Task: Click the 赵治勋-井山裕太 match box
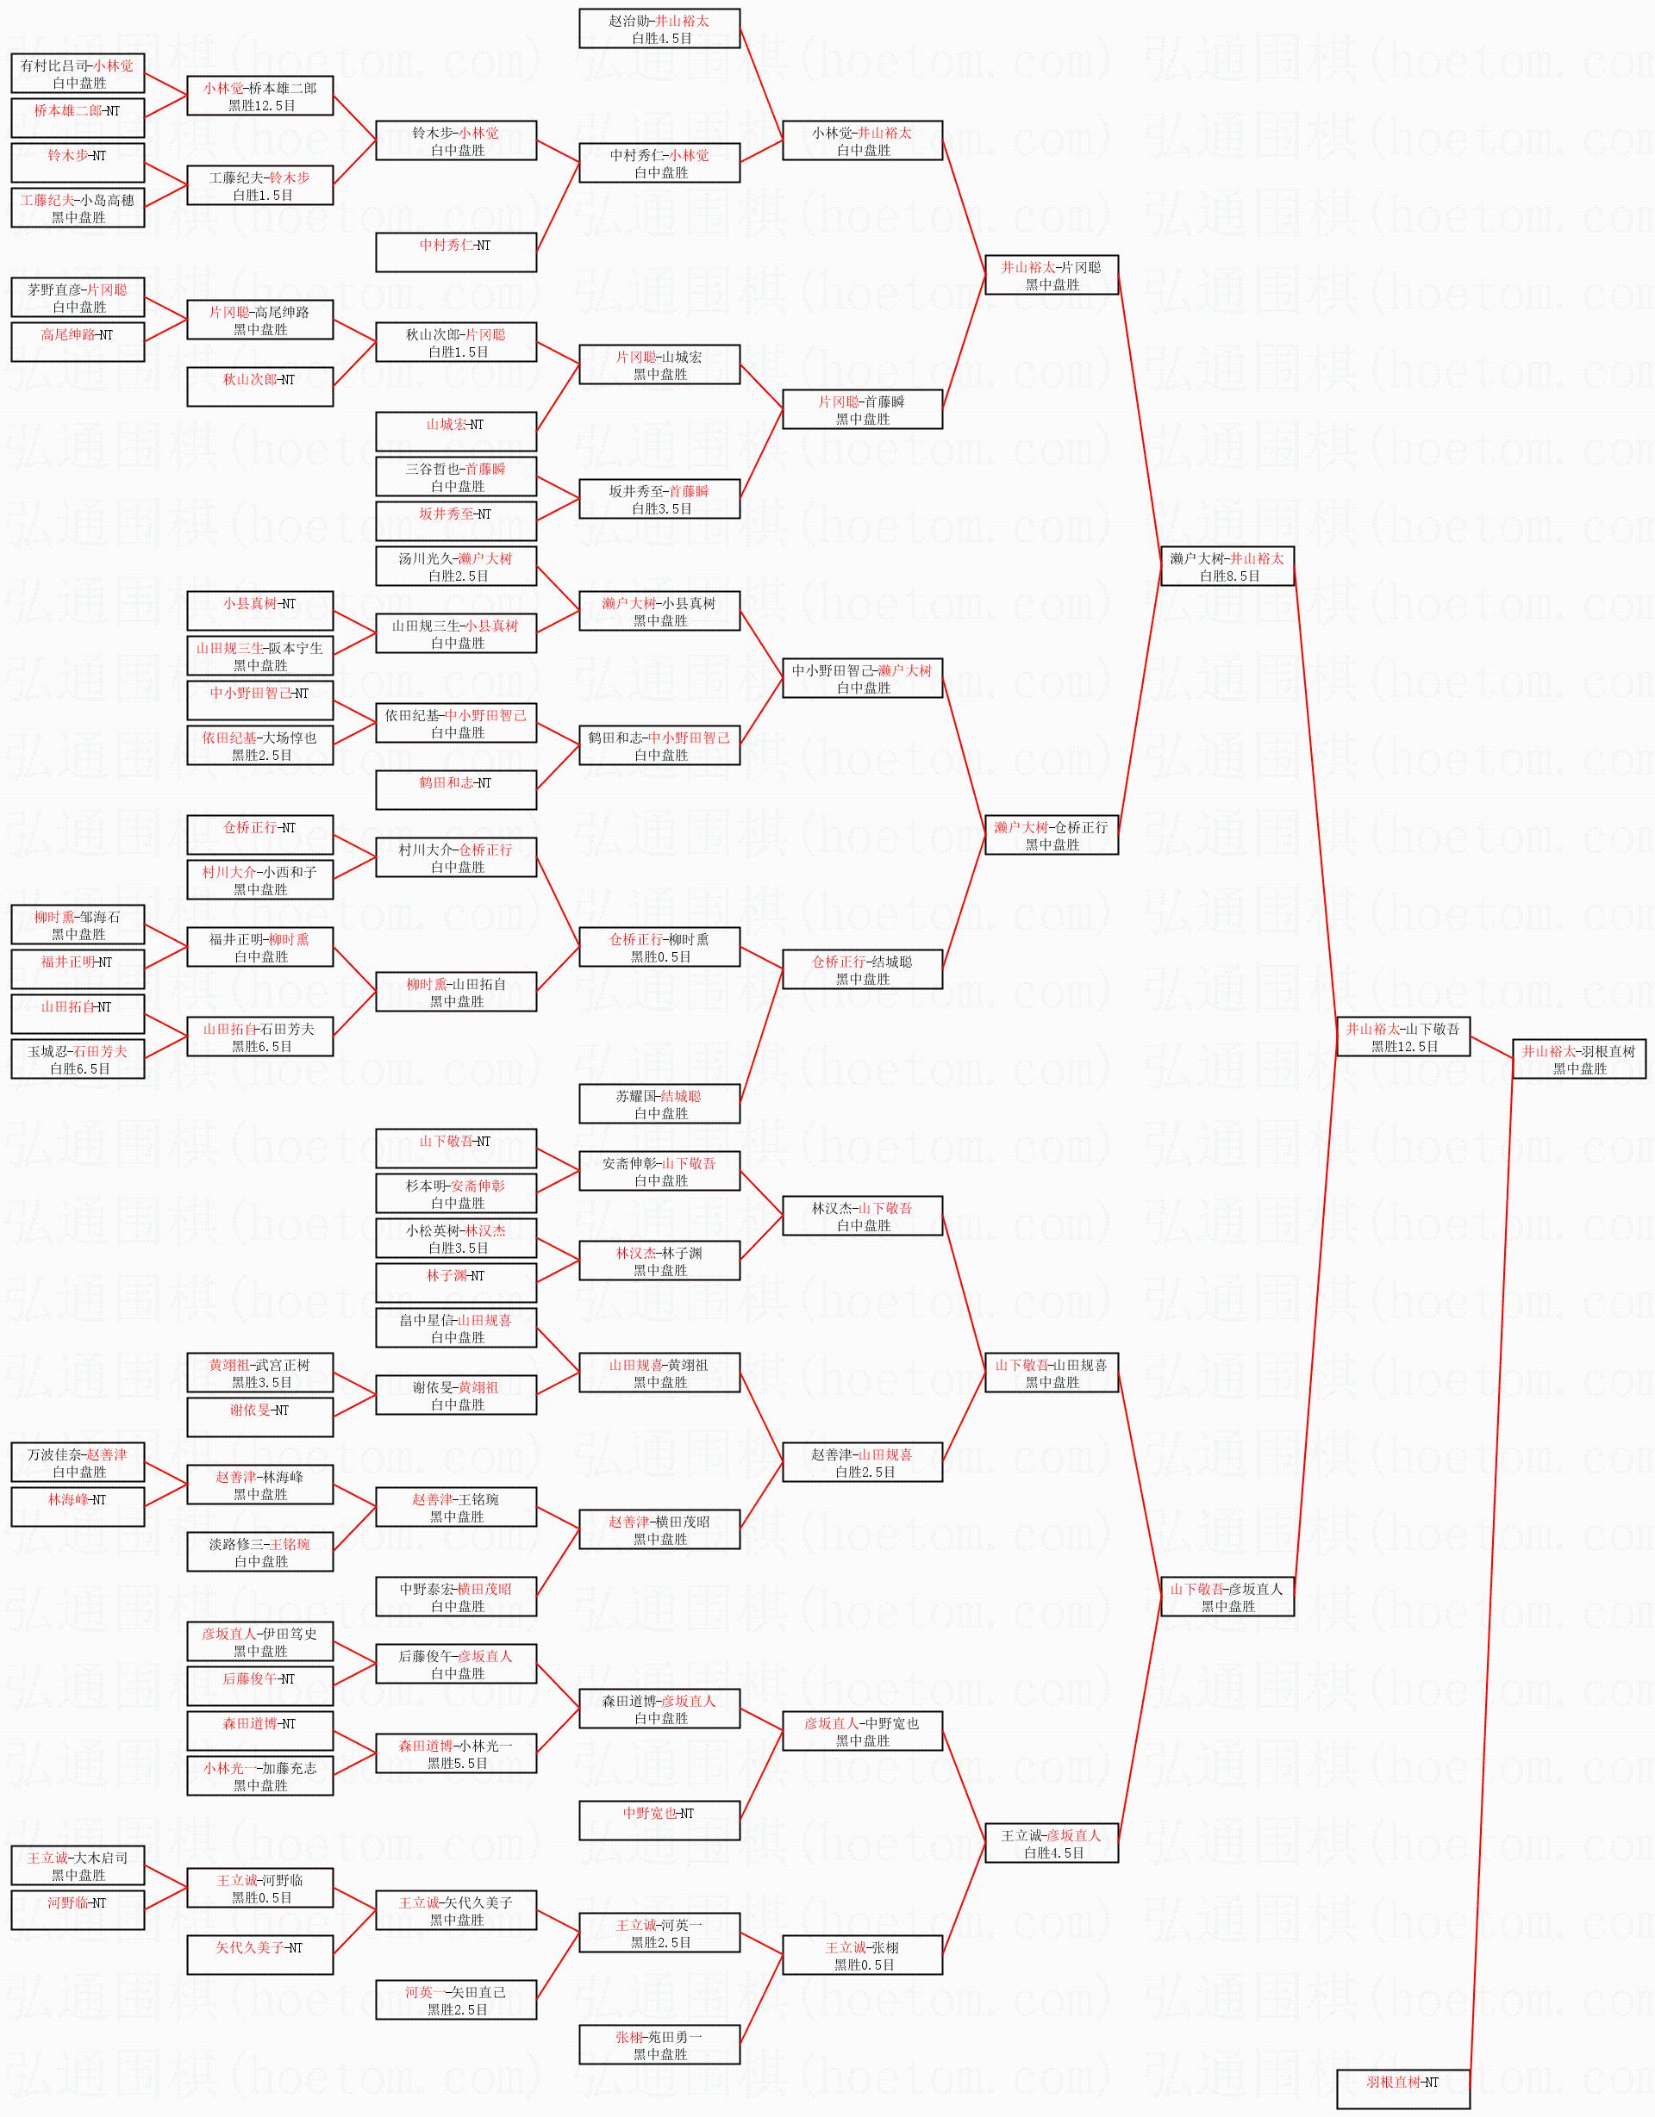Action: pos(659,29)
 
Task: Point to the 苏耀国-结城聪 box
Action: pos(659,1104)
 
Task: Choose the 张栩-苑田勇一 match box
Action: pos(659,2045)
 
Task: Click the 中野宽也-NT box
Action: pos(659,1821)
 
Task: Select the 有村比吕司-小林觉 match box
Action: pos(78,74)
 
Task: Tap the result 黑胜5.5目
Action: pos(457,1763)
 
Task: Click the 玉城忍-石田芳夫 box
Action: pos(78,1060)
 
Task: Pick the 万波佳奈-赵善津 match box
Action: pos(78,1463)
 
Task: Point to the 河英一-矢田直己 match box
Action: pos(456,2000)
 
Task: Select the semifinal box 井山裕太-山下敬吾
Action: pos(1403,1037)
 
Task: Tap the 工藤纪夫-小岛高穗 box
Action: pos(78,209)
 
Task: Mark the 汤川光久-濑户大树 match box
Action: pos(456,566)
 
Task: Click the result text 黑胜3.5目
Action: pos(261,1382)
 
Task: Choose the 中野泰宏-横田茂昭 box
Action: pos(456,1597)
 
